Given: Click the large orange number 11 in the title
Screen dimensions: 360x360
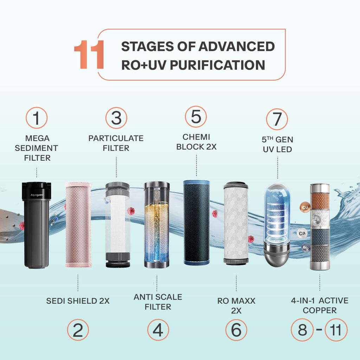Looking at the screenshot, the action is [x=89, y=54].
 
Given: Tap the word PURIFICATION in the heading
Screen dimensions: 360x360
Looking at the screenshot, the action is [x=217, y=65].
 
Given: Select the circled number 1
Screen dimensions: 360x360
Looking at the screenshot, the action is [x=37, y=118].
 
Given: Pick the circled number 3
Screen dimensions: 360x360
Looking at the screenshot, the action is [x=116, y=118].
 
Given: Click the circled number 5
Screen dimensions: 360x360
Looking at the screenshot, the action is [x=196, y=117].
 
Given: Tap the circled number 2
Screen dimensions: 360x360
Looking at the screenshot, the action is [x=78, y=330].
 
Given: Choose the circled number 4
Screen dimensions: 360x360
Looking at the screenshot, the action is [x=158, y=330].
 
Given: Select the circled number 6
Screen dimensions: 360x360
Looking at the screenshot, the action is [x=236, y=330].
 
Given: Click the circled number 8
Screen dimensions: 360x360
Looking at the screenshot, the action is [x=302, y=330].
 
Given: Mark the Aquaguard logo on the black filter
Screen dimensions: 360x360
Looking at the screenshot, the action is [x=37, y=195].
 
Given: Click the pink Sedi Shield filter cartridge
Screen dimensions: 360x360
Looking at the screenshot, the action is [x=78, y=225].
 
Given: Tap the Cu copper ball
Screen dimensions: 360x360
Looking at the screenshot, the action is [x=305, y=207].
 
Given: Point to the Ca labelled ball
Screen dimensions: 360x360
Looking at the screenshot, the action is [x=302, y=233].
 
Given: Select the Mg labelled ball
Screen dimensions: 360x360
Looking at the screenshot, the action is [x=306, y=248].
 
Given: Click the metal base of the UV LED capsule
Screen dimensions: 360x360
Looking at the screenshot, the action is [x=277, y=255].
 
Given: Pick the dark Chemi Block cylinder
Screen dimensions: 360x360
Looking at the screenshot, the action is [x=197, y=223].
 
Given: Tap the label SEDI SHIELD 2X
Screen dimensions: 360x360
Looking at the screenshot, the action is [x=78, y=301].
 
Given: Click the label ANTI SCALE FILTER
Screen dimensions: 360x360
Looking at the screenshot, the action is [x=158, y=302].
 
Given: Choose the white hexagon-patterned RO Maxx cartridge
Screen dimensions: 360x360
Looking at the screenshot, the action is [x=236, y=223].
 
